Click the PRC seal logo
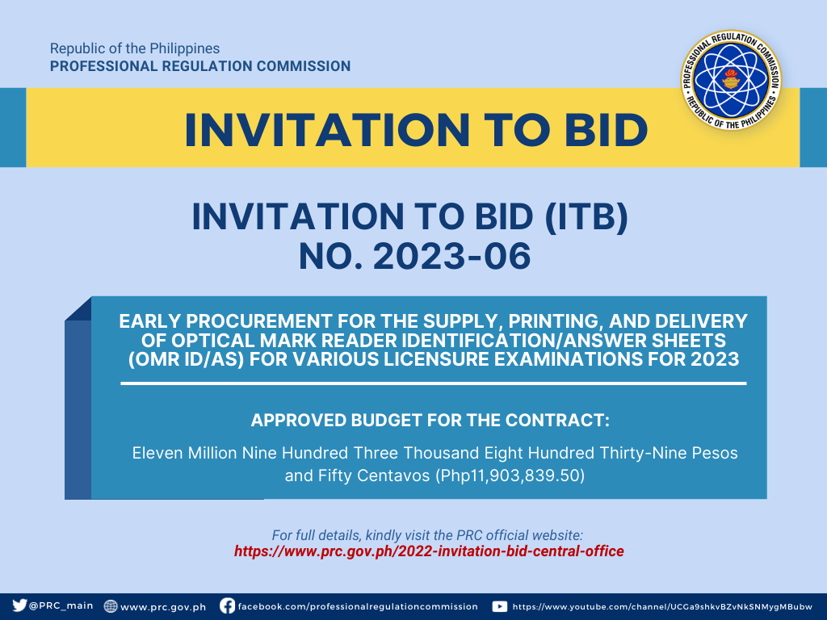click(731, 80)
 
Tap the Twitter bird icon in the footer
click(19, 605)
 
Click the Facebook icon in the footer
click(227, 605)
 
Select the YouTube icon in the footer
click(499, 606)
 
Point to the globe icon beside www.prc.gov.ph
click(110, 606)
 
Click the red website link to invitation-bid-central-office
click(429, 551)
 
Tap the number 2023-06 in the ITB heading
click(452, 256)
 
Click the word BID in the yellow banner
click(606, 130)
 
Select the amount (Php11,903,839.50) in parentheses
click(510, 475)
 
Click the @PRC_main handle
click(61, 605)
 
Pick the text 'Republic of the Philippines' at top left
click(135, 48)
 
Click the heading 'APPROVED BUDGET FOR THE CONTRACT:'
click(430, 420)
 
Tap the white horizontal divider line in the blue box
click(434, 383)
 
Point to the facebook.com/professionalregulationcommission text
click(358, 606)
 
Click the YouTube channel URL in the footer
click(662, 607)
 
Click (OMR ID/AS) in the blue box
click(187, 359)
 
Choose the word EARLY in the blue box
click(149, 321)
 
